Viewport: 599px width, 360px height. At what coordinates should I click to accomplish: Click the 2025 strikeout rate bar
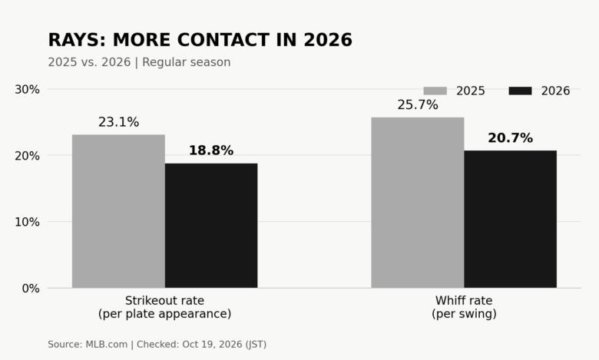pos(118,211)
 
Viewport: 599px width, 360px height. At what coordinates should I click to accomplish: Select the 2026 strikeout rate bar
pos(211,226)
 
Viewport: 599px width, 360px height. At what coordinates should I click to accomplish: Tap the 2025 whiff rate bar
pos(418,203)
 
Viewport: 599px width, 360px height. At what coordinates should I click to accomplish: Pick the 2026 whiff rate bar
pos(511,219)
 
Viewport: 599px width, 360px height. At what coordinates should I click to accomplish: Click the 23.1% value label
pos(118,122)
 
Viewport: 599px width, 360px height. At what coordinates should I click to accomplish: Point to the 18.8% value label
pos(211,150)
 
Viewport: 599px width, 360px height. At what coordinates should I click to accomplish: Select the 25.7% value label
pos(418,104)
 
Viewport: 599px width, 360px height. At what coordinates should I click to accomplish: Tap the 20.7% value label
pos(511,138)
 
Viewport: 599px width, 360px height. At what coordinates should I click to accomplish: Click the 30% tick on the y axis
pos(27,89)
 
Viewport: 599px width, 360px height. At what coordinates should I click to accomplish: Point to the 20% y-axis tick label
pos(27,156)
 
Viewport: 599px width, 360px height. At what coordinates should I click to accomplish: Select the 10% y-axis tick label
pos(27,222)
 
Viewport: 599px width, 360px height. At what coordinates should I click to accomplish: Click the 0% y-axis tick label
pos(31,288)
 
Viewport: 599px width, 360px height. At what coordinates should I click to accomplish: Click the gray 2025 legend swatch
pos(435,91)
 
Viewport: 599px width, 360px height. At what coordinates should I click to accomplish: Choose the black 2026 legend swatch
pos(521,91)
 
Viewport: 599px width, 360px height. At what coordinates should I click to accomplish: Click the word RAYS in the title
pos(77,40)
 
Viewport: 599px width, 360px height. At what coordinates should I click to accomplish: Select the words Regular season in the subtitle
pos(187,62)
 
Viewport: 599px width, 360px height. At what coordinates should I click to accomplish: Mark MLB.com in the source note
pos(106,345)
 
